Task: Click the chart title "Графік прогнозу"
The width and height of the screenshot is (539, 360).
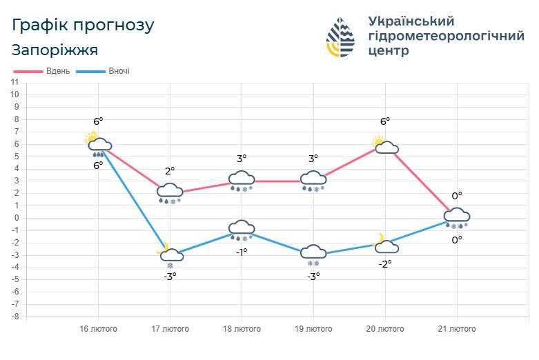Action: pos(83,25)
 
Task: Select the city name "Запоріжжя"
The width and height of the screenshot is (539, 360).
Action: pos(55,50)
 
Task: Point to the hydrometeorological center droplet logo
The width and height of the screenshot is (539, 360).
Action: pos(340,37)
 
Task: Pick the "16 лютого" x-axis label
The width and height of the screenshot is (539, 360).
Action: pos(97,329)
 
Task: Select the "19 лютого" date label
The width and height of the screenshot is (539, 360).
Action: pos(313,329)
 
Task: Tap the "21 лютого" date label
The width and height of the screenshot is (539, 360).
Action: pos(457,329)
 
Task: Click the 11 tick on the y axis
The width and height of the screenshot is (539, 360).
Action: pos(14,82)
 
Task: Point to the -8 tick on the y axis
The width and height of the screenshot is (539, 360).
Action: pos(13,317)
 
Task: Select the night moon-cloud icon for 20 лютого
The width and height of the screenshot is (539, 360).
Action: pos(384,244)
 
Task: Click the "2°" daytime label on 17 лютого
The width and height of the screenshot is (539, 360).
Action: pos(170,171)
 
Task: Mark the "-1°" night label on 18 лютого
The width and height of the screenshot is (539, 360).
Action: pos(242,252)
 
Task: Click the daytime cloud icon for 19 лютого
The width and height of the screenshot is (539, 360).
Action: pos(313,179)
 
